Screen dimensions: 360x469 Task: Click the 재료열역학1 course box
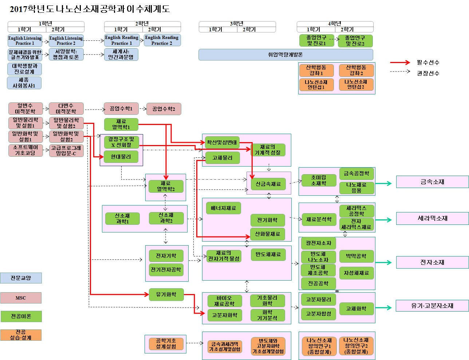[x=121, y=124]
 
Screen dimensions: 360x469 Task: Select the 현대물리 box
[x=121, y=157]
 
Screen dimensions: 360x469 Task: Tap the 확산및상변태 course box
[x=222, y=142]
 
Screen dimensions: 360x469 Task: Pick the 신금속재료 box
[x=268, y=184]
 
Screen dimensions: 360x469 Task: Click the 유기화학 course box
[x=166, y=294]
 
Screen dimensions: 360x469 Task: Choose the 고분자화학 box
[x=224, y=315]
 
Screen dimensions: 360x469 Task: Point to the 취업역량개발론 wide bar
[x=285, y=55]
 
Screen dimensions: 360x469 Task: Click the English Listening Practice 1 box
[x=25, y=40]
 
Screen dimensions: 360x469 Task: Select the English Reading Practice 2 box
[x=162, y=40]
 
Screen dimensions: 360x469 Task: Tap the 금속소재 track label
[x=432, y=182]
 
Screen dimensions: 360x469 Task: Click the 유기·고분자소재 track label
[x=432, y=306]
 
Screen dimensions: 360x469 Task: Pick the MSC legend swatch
[x=21, y=298]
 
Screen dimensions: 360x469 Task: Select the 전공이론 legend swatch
[x=21, y=316]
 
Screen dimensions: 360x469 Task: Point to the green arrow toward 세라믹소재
[x=383, y=220]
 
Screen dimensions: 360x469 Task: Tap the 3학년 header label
[x=237, y=24]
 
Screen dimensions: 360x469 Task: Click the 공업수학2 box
[x=164, y=109]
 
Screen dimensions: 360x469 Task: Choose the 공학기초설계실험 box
[x=166, y=344]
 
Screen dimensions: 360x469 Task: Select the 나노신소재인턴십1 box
[x=316, y=85]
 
